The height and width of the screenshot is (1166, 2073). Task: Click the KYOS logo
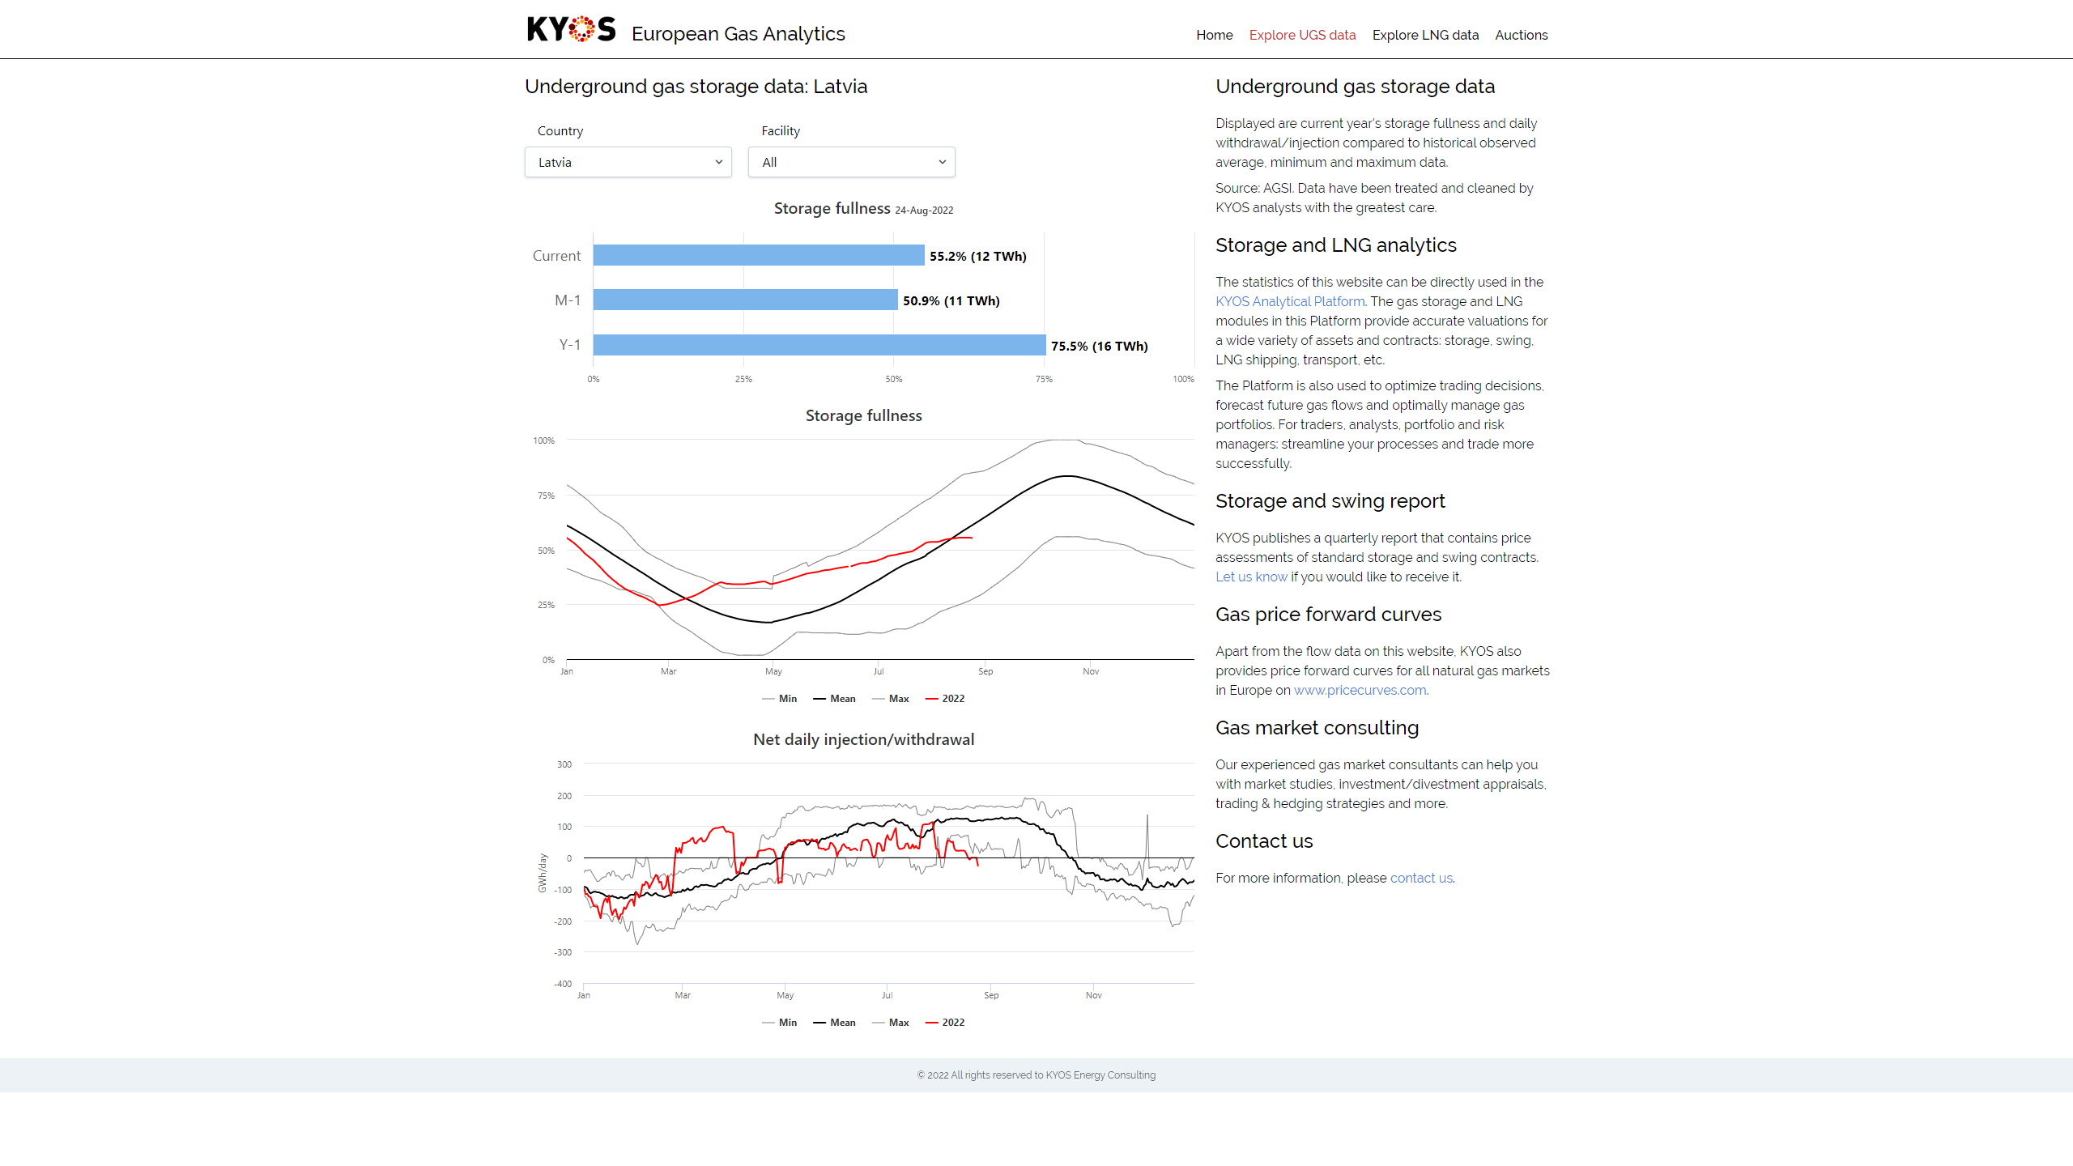(571, 30)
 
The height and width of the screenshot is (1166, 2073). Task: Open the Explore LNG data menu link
(1425, 35)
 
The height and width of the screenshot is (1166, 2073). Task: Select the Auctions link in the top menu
(1521, 35)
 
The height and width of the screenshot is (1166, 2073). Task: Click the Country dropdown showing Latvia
(628, 162)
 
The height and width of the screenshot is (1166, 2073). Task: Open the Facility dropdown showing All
(851, 162)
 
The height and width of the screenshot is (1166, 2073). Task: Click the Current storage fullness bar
(758, 255)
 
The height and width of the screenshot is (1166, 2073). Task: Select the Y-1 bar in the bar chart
(819, 345)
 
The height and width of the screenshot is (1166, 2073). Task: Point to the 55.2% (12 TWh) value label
(977, 257)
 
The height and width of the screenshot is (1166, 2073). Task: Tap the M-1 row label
(568, 300)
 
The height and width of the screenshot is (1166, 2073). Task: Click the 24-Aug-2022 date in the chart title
(924, 211)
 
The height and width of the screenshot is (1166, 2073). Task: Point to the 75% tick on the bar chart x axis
(1044, 379)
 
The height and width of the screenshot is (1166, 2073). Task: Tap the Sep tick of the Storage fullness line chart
(985, 671)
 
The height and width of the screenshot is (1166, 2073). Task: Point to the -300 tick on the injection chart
(563, 952)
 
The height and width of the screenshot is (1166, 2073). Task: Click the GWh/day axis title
(543, 873)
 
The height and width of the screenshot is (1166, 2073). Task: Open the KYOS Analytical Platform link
(1290, 301)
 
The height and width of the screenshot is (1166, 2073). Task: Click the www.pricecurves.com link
(1360, 690)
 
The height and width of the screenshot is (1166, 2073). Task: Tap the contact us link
(1421, 878)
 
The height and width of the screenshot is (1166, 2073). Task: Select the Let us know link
(1251, 577)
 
